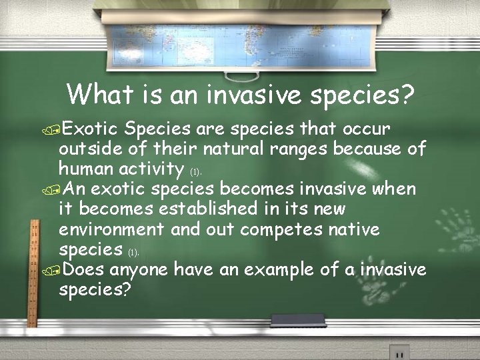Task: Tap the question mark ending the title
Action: coord(407,95)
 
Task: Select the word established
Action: coord(207,209)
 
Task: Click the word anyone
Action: coord(139,270)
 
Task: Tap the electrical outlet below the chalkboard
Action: coord(399,352)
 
